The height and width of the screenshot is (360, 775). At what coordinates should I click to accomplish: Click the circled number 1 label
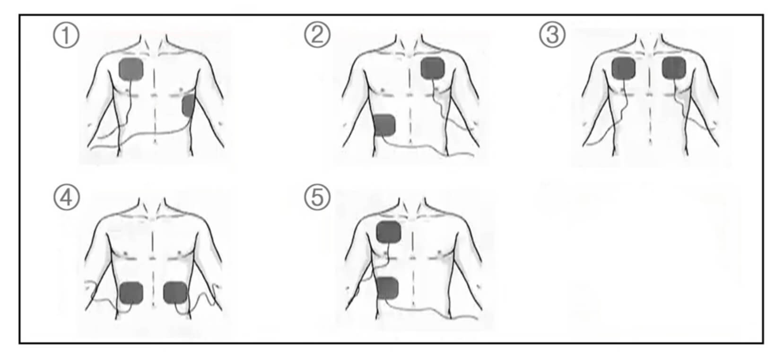66,35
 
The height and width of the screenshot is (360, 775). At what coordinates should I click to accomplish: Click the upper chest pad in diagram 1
131,69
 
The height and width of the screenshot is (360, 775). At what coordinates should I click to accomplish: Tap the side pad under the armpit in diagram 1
189,106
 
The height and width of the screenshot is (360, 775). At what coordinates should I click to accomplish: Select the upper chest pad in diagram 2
433,68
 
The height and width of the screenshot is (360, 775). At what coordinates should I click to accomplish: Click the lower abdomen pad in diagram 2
385,125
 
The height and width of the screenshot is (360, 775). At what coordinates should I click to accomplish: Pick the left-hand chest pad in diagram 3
624,68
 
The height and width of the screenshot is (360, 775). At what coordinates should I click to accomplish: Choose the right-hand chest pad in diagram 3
674,68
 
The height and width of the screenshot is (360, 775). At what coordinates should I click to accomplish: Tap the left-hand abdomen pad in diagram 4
131,293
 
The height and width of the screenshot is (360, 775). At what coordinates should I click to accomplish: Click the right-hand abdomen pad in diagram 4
175,293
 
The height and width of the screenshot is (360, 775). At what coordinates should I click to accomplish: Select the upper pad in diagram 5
389,232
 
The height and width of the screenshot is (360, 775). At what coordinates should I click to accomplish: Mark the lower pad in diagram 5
388,288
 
